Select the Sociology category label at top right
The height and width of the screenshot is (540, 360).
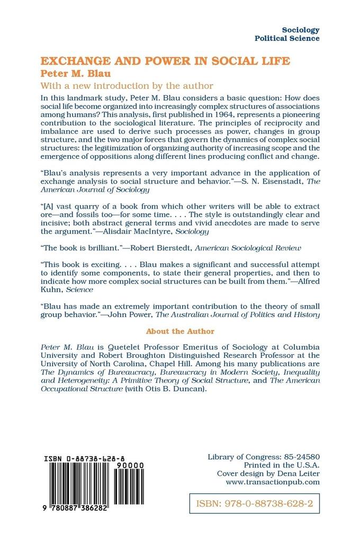[301, 30]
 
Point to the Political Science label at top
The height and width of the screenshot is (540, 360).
[287, 39]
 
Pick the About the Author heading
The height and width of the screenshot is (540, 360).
[180, 331]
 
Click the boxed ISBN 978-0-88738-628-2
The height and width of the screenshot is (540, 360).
[254, 503]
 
